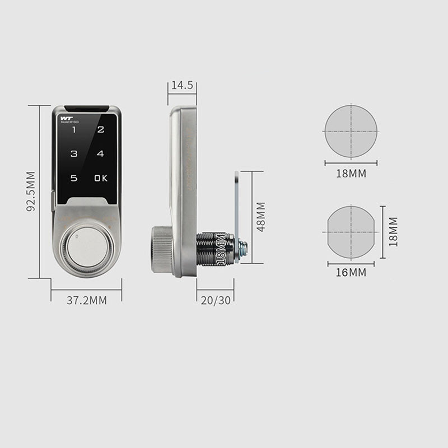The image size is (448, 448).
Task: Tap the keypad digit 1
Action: pyautogui.click(x=73, y=129)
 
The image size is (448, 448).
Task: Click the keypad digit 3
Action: pyautogui.click(x=73, y=153)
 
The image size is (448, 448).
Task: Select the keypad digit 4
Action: pyautogui.click(x=100, y=153)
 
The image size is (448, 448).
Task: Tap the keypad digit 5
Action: pyautogui.click(x=73, y=178)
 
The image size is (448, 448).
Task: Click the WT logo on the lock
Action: pyautogui.click(x=66, y=118)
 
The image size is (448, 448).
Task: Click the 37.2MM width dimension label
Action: pyautogui.click(x=86, y=300)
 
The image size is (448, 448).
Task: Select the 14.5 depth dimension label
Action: pyautogui.click(x=182, y=86)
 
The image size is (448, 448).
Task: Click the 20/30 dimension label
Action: pyautogui.click(x=215, y=300)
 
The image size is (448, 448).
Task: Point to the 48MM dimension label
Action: pyautogui.click(x=260, y=217)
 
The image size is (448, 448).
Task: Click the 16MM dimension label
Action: pyautogui.click(x=351, y=273)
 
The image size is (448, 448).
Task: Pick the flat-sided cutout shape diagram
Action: pyautogui.click(x=351, y=231)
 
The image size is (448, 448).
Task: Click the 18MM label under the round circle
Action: pyautogui.click(x=351, y=174)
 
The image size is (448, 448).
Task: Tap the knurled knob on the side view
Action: pyautogui.click(x=161, y=249)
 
